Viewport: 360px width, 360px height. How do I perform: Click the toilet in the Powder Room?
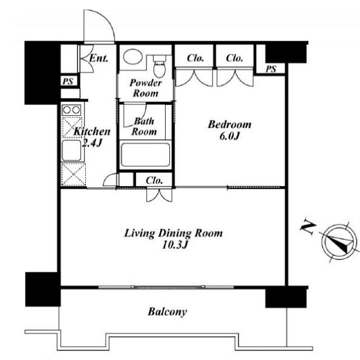[x=160, y=66]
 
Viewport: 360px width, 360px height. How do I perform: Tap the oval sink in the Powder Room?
[x=133, y=56]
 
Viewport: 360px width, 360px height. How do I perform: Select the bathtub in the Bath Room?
[x=145, y=155]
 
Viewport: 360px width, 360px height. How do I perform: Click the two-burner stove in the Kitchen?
[x=71, y=110]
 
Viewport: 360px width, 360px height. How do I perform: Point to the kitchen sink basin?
[x=71, y=151]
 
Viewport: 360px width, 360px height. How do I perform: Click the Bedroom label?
[x=229, y=125]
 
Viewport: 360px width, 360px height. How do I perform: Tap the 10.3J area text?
[x=175, y=245]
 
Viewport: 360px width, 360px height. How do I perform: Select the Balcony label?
[x=167, y=312]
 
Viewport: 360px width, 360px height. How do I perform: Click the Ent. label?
[x=98, y=58]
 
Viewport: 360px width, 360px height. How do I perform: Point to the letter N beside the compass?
[x=308, y=227]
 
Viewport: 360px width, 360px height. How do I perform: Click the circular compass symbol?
[x=340, y=243]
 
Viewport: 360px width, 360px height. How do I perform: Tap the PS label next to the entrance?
[x=68, y=81]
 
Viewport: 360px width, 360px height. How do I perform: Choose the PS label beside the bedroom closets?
[x=271, y=69]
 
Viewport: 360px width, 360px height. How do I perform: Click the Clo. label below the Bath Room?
[x=154, y=181]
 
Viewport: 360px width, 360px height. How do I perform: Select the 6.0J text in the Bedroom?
[x=229, y=136]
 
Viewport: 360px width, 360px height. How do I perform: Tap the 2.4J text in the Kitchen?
[x=92, y=143]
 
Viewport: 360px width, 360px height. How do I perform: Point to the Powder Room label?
[x=146, y=88]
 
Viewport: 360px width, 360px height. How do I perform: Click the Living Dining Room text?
[x=173, y=233]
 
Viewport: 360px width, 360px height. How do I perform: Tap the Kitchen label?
[x=92, y=131]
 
